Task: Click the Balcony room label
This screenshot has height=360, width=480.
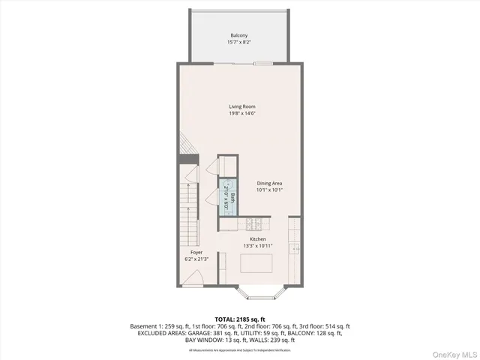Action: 240,35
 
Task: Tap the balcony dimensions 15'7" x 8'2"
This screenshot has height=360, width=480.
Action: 240,43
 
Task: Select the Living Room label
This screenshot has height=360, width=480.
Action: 242,106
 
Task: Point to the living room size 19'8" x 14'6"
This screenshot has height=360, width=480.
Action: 242,114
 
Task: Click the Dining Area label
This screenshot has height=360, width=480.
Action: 270,183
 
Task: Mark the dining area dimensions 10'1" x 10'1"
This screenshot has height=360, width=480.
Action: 270,190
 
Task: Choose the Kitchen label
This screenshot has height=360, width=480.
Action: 258,239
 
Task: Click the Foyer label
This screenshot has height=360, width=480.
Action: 196,253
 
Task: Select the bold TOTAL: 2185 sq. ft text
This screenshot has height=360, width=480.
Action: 239,319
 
